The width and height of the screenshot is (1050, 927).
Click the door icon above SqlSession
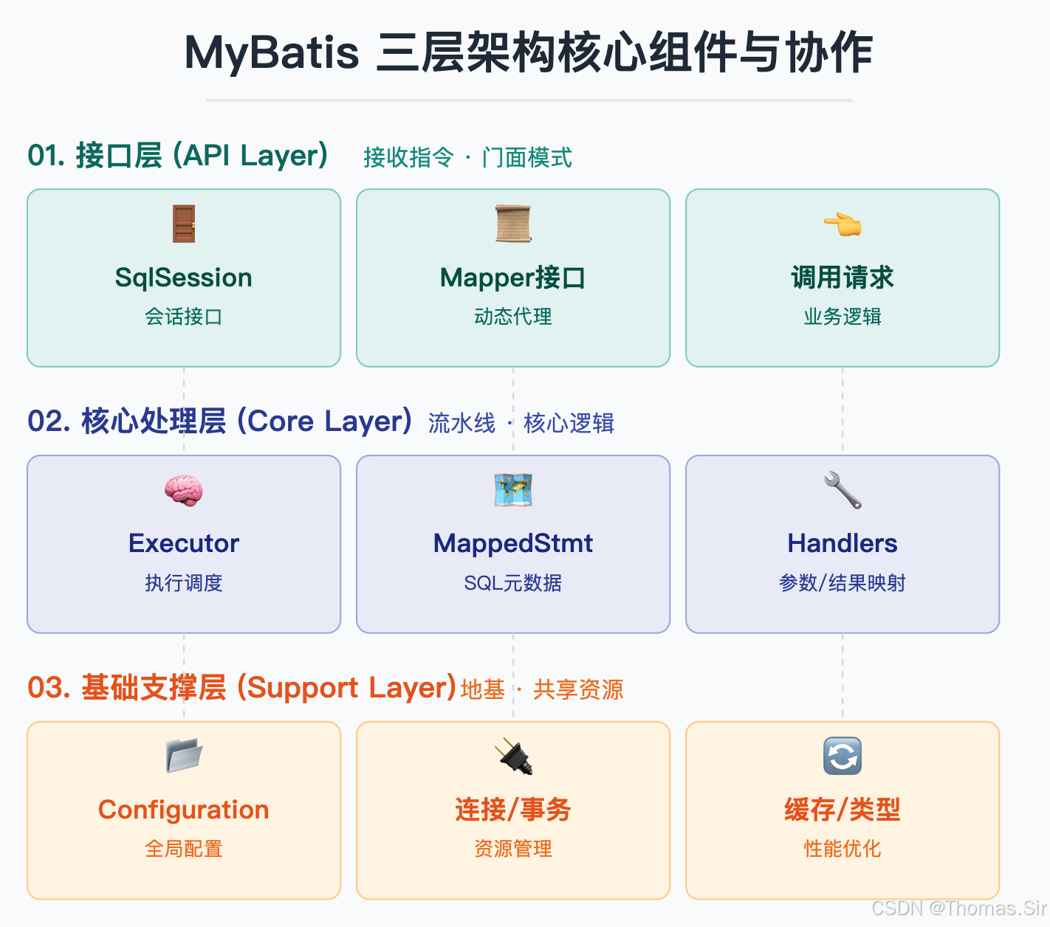(x=184, y=224)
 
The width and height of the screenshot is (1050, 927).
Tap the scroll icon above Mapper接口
(x=513, y=224)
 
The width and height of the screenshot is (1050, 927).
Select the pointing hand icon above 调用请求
(x=843, y=224)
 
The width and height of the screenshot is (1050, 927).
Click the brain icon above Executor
(x=184, y=491)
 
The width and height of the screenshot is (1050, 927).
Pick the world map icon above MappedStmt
(x=513, y=491)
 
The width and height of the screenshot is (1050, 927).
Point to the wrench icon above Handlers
(x=843, y=491)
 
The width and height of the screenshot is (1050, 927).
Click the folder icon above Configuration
(x=184, y=756)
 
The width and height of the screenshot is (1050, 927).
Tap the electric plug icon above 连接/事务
(x=513, y=756)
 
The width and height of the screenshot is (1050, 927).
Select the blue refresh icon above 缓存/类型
(x=843, y=756)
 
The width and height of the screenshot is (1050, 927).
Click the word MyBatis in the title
(x=271, y=53)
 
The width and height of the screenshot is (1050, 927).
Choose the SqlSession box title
(x=184, y=278)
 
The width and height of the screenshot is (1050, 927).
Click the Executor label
(x=184, y=543)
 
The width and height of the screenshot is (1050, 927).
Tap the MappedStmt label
(x=513, y=543)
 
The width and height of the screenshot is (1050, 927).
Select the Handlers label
(x=843, y=543)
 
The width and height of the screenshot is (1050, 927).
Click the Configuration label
(x=184, y=810)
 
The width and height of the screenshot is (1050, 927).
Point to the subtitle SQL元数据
(x=513, y=583)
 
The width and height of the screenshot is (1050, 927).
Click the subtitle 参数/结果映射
(x=843, y=583)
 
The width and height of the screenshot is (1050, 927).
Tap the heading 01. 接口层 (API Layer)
(x=178, y=156)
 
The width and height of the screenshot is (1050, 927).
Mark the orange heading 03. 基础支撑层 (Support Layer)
(x=241, y=688)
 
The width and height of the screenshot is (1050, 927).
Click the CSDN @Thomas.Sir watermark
(x=959, y=908)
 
